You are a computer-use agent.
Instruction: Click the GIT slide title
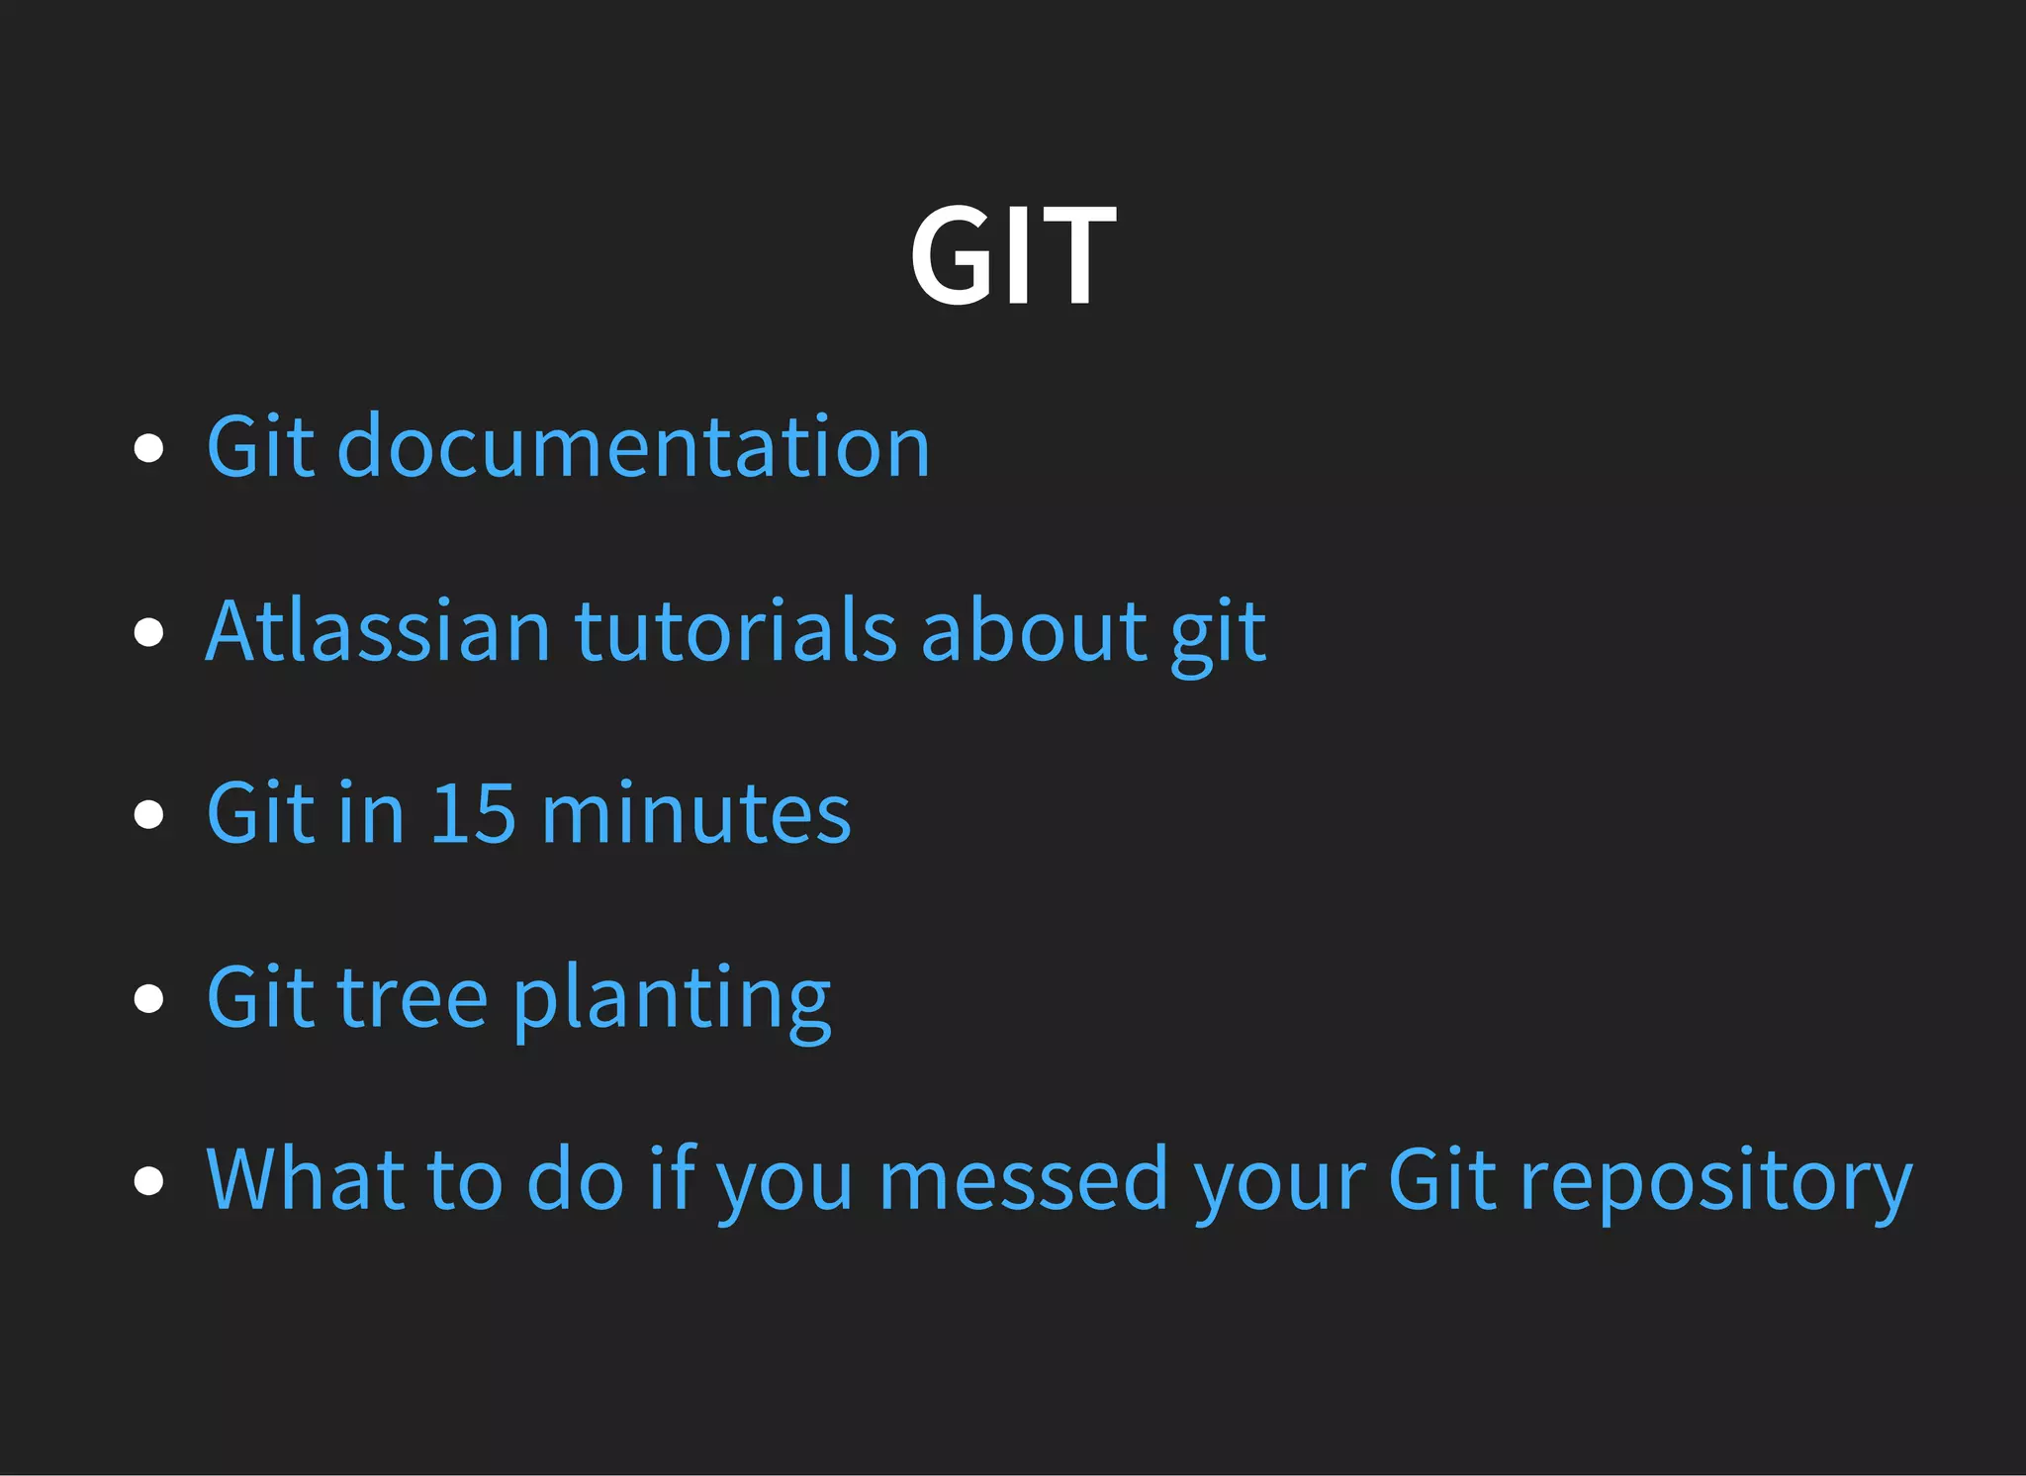click(1013, 254)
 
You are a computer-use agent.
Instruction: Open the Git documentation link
click(568, 446)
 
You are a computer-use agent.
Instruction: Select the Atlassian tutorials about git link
click(735, 630)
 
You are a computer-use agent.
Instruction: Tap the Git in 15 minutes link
click(528, 813)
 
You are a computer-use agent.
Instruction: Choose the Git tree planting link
click(518, 997)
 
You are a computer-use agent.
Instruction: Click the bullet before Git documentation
click(148, 448)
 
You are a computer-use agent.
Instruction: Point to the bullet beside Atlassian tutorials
click(148, 631)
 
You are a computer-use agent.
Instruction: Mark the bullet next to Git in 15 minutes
click(148, 814)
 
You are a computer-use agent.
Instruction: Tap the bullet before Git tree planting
click(148, 998)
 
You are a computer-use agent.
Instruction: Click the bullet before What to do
click(148, 1180)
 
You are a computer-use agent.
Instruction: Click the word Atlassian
click(378, 630)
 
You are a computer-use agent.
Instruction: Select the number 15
click(473, 813)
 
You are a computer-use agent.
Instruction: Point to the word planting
click(672, 999)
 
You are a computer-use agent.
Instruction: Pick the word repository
click(1716, 1182)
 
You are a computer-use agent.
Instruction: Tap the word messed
click(1023, 1179)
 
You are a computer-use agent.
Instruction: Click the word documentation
click(633, 446)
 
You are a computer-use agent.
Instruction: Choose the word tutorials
click(736, 630)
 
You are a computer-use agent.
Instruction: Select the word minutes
click(696, 813)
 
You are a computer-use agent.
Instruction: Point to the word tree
click(413, 997)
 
